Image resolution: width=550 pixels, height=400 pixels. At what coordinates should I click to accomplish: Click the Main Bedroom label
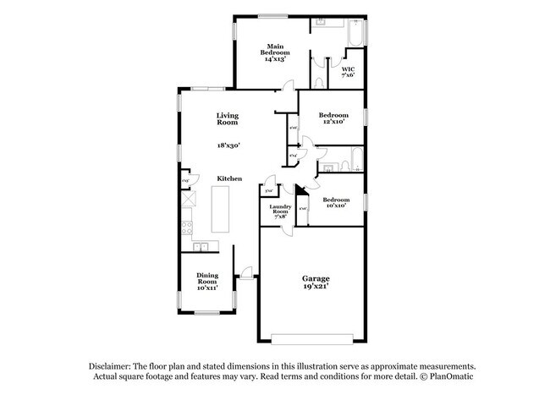pos(274,52)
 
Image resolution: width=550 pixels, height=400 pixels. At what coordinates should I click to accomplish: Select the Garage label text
pos(316,278)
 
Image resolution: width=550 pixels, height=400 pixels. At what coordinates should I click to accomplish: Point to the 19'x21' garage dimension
pos(316,287)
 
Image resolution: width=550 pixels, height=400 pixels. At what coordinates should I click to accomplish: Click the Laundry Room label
pos(280,211)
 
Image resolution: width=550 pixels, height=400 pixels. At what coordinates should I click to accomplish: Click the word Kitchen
pos(229,178)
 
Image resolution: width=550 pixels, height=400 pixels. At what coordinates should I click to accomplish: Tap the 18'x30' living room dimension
pos(228,145)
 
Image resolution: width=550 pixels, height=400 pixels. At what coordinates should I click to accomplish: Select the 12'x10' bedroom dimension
pos(333,122)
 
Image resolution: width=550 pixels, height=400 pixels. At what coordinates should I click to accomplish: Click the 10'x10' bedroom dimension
pos(335,205)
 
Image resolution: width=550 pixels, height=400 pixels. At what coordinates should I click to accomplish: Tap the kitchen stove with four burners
pos(187,226)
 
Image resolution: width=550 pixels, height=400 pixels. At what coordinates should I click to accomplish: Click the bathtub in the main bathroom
pos(355,34)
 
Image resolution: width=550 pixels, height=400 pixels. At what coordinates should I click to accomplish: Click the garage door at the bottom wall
pos(309,341)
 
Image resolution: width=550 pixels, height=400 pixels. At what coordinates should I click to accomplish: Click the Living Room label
pos(227,119)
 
